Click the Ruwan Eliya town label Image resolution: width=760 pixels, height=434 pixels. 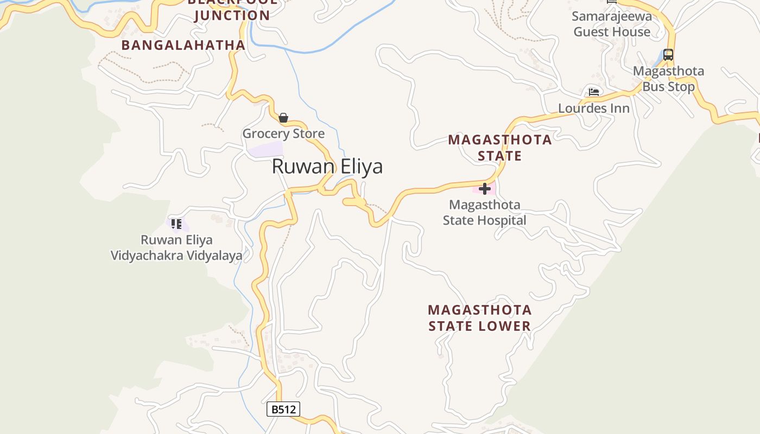[327, 166]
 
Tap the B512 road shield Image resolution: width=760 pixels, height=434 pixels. [283, 409]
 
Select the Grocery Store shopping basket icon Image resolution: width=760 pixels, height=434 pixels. [283, 118]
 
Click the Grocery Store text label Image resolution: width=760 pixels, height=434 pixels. [283, 133]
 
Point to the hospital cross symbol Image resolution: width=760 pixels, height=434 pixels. [485, 189]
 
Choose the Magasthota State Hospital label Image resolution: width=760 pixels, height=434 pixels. [484, 213]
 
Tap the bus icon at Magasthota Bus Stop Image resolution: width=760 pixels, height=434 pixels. [668, 55]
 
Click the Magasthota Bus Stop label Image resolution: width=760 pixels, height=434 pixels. [668, 79]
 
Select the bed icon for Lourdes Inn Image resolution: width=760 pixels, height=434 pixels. [594, 92]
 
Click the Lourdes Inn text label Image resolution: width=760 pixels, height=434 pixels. [594, 108]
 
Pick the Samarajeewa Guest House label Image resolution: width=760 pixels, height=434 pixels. [612, 24]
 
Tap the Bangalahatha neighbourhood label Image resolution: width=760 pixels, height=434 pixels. [183, 45]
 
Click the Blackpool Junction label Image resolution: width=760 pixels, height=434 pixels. [232, 10]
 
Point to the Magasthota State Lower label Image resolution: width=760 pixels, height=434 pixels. [480, 318]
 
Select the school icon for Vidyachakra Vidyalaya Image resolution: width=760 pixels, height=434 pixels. [176, 224]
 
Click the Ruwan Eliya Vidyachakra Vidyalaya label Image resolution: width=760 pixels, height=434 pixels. [176, 247]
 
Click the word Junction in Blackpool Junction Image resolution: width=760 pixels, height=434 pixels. [232, 15]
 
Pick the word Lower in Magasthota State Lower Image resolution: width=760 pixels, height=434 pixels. [504, 325]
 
